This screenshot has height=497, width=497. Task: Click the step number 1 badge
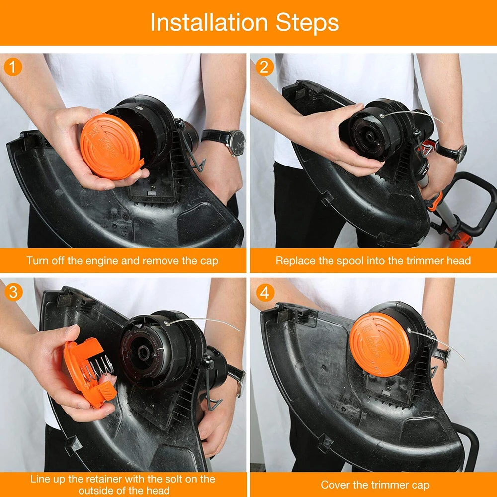[13, 67]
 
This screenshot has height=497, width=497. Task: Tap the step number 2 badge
[265, 67]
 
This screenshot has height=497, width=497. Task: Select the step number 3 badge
[13, 292]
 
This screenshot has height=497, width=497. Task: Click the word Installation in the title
[209, 22]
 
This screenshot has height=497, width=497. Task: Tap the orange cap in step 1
[111, 147]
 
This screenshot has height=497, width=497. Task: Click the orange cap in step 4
[379, 344]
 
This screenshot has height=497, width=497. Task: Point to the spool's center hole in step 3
[143, 352]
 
